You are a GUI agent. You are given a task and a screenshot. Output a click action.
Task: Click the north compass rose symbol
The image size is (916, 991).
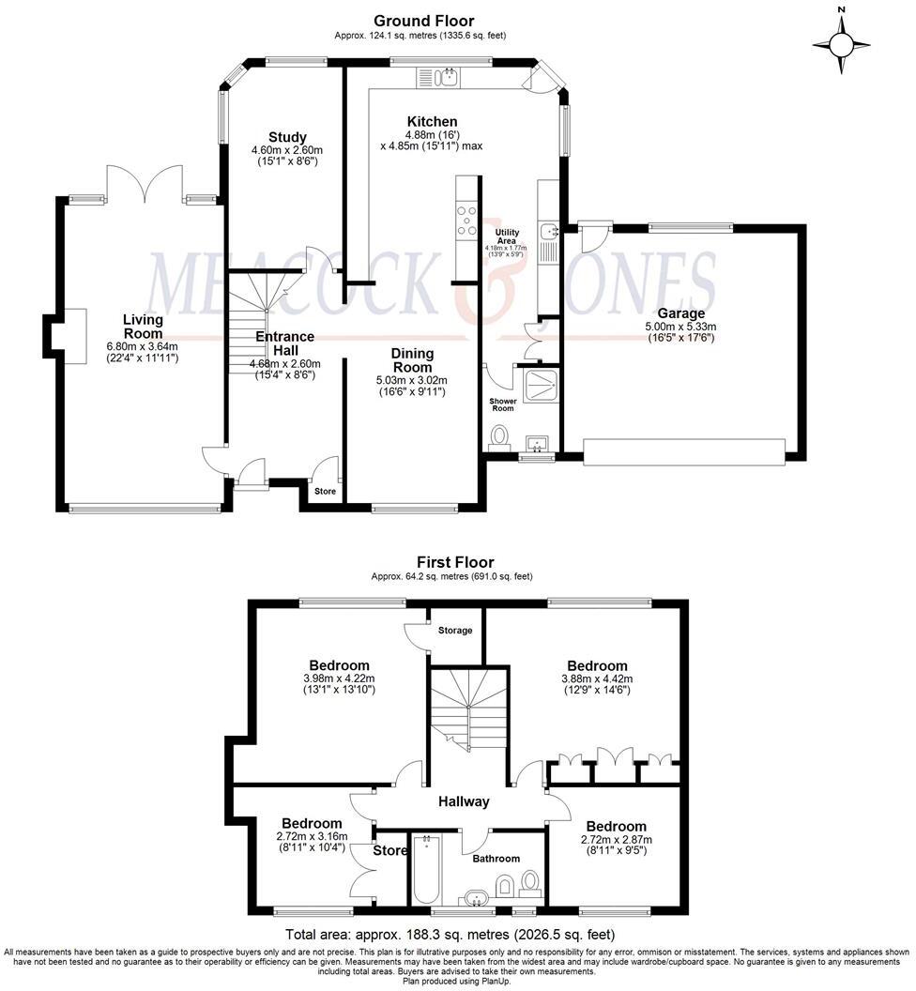point(842,43)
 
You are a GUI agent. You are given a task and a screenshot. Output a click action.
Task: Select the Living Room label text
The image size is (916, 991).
point(143,327)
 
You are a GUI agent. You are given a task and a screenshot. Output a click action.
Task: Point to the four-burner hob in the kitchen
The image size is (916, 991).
point(466,220)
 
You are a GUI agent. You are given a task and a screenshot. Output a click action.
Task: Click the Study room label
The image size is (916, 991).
point(286,138)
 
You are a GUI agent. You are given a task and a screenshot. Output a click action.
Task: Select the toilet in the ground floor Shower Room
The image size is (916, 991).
point(499,437)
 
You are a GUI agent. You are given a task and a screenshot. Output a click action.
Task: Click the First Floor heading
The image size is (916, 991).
point(455,562)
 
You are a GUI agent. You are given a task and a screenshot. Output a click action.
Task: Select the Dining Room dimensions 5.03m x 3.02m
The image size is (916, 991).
point(412,380)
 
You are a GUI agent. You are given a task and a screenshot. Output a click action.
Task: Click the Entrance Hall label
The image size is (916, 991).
point(284,343)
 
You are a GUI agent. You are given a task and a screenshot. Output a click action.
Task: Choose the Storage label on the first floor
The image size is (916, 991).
point(455,630)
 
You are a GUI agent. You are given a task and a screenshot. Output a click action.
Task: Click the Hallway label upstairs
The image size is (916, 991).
point(464,801)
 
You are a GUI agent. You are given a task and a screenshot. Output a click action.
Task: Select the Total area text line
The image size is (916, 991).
point(450,935)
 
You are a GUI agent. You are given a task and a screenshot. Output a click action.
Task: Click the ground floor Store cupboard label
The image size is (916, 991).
point(325,491)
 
